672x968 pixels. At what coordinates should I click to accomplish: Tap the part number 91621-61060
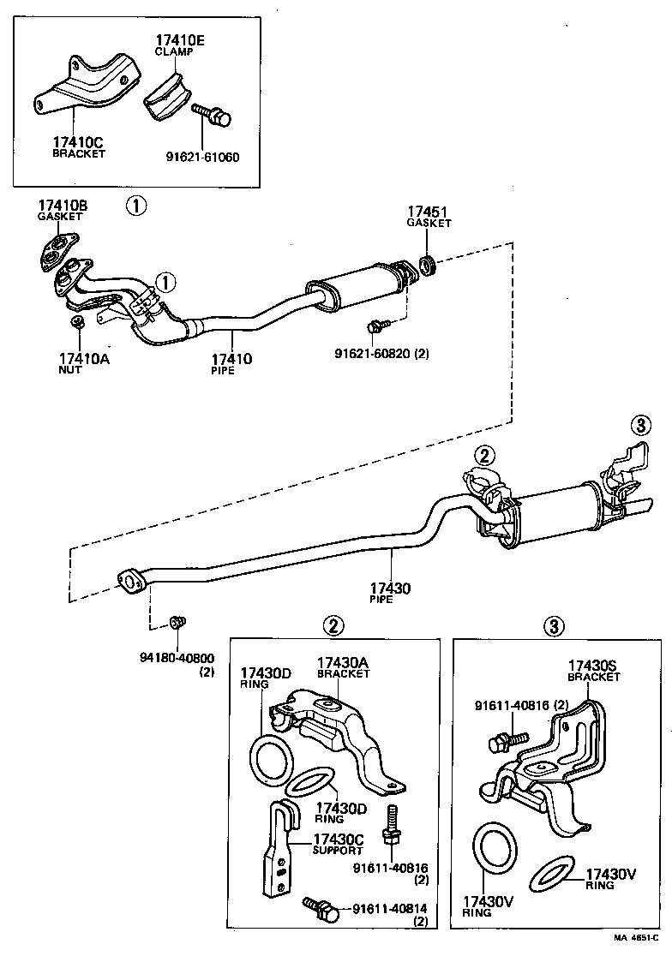coord(202,157)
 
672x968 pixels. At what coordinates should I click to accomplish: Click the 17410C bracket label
coord(78,143)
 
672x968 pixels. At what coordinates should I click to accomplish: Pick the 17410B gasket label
coord(61,206)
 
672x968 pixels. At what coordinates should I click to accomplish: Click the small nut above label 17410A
coord(76,322)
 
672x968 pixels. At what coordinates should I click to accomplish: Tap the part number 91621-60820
coord(375,352)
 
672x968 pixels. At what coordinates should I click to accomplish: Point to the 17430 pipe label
coord(390,589)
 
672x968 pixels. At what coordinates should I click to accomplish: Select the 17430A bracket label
coord(343,662)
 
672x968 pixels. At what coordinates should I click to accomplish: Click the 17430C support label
coord(339,839)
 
